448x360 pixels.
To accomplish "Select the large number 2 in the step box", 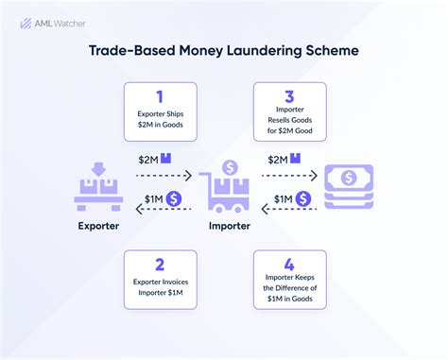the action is click(x=159, y=266).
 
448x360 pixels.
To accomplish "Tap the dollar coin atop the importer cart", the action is click(x=229, y=167).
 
